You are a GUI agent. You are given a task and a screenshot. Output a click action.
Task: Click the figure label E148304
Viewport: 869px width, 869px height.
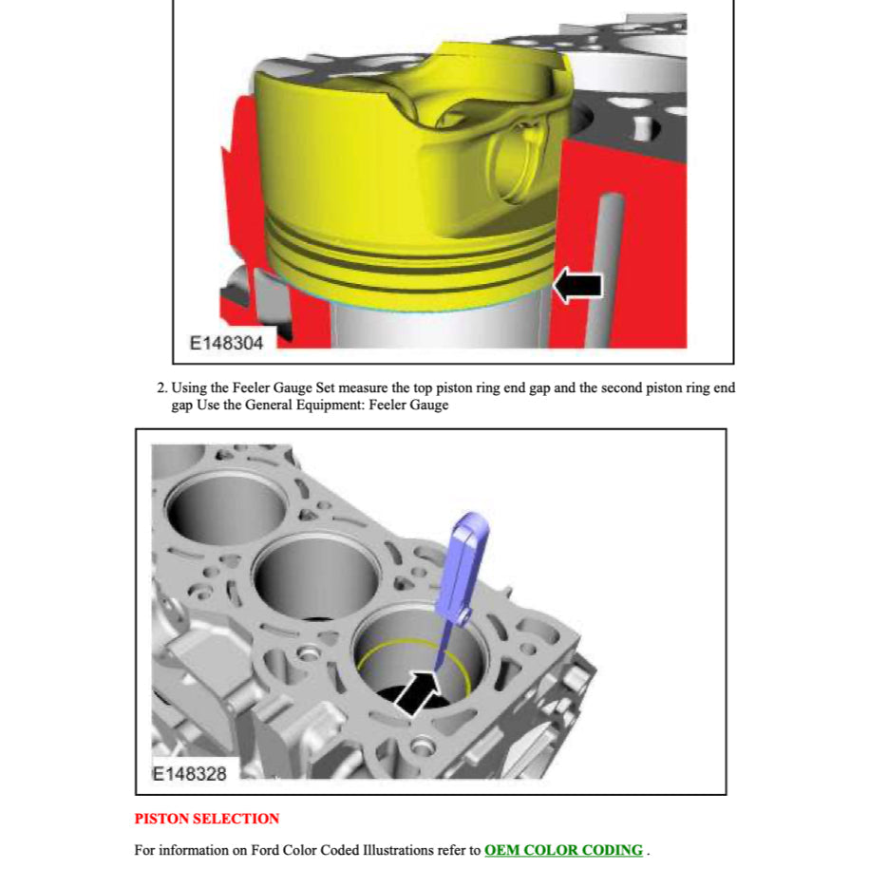[226, 343]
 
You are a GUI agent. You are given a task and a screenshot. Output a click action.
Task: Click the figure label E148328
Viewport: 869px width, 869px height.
[190, 774]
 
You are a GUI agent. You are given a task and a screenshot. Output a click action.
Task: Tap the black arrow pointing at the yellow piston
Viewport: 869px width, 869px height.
[578, 286]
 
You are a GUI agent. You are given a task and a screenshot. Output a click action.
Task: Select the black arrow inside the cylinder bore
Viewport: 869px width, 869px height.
[417, 692]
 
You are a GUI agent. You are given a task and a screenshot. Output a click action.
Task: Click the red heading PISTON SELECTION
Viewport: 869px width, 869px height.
[207, 819]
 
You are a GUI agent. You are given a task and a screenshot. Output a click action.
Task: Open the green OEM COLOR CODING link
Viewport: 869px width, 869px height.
[563, 850]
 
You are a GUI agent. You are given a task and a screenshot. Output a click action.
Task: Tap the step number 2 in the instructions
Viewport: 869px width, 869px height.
[161, 387]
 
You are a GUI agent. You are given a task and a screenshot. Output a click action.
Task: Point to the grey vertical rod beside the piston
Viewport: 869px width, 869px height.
[604, 271]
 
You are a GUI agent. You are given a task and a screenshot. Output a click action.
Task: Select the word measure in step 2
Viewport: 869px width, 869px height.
[363, 387]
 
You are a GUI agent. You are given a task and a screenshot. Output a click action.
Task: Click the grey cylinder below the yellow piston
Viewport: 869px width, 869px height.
[438, 327]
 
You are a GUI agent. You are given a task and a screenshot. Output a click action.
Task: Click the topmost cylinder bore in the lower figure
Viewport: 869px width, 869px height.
[227, 507]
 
